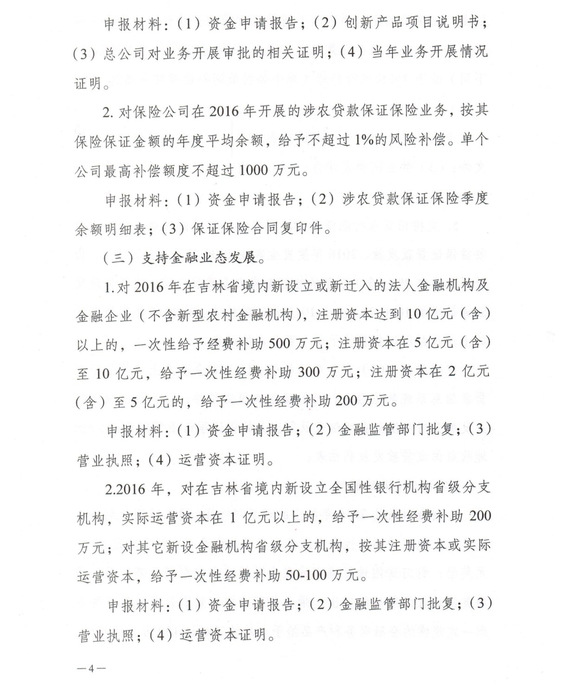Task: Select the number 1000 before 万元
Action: coord(254,170)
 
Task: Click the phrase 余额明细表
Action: coord(111,229)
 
